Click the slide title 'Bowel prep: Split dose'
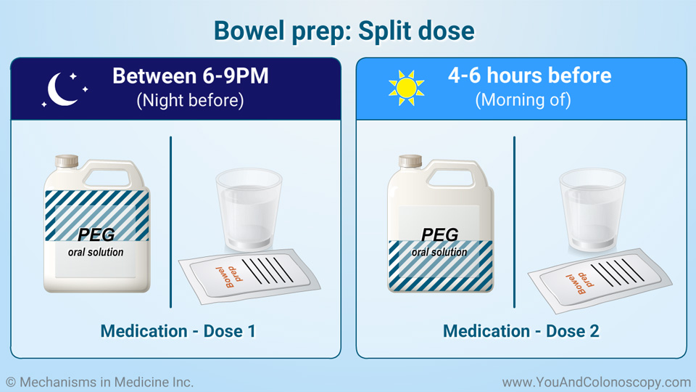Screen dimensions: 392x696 [344, 30]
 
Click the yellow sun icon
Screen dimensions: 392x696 [406, 88]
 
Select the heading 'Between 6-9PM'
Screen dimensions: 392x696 [190, 75]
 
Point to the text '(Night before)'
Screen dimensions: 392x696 [190, 100]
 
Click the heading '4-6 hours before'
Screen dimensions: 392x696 [529, 75]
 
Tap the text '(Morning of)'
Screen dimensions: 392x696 [523, 100]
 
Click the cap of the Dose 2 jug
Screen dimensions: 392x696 [410, 161]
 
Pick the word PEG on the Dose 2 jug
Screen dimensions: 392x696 [439, 234]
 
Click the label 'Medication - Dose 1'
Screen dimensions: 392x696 [178, 331]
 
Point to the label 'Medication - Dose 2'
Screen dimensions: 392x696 [521, 331]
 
